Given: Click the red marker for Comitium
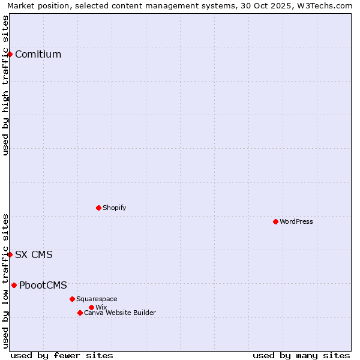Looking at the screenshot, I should [10, 54].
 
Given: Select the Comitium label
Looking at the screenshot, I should [38, 55].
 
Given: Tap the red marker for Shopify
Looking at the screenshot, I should [98, 208].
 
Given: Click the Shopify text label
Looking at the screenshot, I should [114, 208].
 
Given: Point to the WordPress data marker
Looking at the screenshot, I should [275, 221].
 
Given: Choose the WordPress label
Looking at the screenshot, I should [296, 222].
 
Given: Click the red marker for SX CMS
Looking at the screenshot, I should [10, 254].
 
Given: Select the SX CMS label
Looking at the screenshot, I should [34, 255].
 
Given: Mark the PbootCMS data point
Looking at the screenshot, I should [14, 285].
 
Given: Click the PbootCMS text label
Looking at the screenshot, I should [43, 286].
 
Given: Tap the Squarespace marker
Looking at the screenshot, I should [72, 299].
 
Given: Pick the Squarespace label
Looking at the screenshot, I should [97, 299].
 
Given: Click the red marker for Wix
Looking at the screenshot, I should [91, 307].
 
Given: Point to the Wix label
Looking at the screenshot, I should [101, 308].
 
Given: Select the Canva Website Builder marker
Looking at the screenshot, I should [80, 313].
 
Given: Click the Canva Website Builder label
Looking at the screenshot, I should [119, 313].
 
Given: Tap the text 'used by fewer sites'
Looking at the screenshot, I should [62, 355].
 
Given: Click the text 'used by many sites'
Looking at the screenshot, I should [301, 355].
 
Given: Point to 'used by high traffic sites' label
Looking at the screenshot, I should [6, 85].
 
